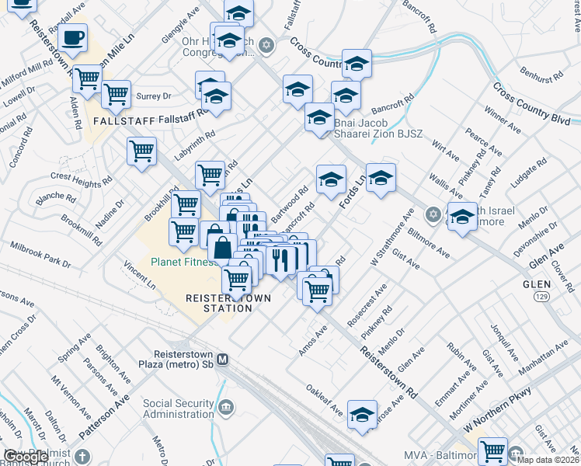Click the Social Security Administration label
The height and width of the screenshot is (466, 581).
[179, 409]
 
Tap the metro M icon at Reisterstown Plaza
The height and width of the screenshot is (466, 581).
[223, 360]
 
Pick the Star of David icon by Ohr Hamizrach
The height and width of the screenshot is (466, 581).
[266, 44]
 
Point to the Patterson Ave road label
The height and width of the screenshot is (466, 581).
[113, 411]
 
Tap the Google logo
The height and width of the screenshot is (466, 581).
[27, 457]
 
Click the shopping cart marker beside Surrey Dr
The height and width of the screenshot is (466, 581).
[116, 95]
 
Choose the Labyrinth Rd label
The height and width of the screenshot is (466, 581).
[193, 144]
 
